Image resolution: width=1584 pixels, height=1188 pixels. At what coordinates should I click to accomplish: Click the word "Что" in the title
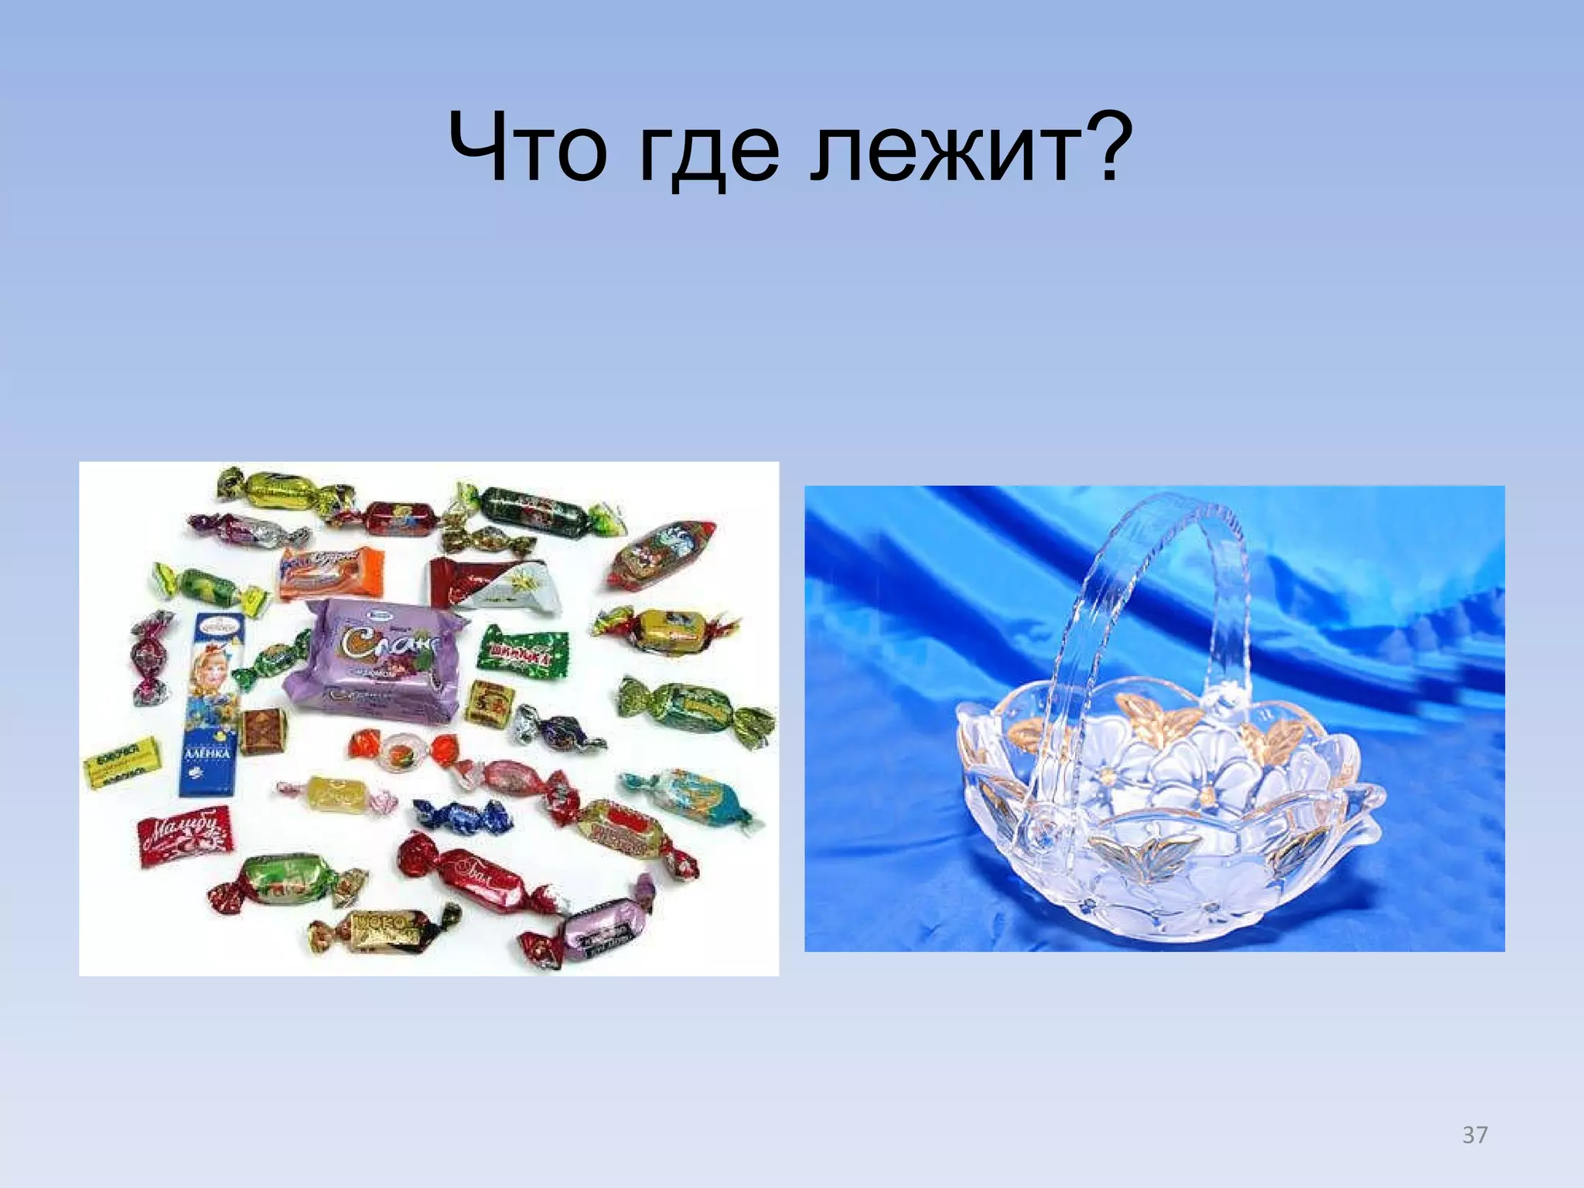tap(527, 147)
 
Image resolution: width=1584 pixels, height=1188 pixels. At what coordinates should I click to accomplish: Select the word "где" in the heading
tap(708, 151)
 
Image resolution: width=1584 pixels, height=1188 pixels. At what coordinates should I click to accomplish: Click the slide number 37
tap(1474, 1135)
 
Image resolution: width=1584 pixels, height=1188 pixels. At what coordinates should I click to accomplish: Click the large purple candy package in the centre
tap(374, 656)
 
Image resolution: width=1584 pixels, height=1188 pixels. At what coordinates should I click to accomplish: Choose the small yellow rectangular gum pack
tap(122, 762)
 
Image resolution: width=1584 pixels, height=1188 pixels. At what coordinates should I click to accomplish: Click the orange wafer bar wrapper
tap(331, 572)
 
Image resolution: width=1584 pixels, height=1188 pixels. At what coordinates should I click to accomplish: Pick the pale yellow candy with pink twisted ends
tap(337, 792)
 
